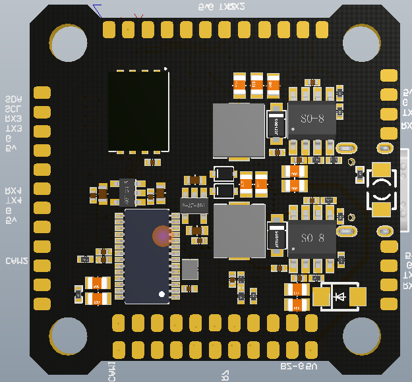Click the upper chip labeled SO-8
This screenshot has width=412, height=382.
312,119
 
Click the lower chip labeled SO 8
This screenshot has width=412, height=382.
312,237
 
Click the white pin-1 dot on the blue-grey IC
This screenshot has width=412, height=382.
162,294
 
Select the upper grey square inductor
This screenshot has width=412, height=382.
238,131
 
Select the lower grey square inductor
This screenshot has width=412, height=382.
239,231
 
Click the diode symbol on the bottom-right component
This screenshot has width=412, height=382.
340,297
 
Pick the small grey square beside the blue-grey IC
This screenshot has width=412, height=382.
190,269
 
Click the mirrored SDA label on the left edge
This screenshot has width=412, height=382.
13,99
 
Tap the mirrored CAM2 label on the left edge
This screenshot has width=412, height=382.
16,261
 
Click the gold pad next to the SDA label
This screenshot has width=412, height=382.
42,92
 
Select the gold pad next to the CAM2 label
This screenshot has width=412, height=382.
42,265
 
